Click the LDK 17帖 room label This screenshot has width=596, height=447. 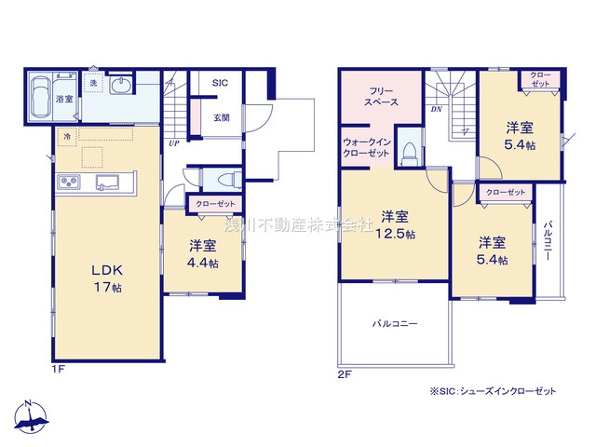(x=107, y=278)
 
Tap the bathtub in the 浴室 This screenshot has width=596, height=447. (x=40, y=97)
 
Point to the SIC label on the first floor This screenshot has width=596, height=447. (x=220, y=83)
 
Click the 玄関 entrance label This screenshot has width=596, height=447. (x=221, y=117)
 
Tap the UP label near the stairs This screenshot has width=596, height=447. (x=174, y=143)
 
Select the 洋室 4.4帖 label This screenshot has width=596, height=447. (x=202, y=254)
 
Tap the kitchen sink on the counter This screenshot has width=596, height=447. (x=104, y=180)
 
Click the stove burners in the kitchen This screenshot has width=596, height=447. (x=72, y=181)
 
